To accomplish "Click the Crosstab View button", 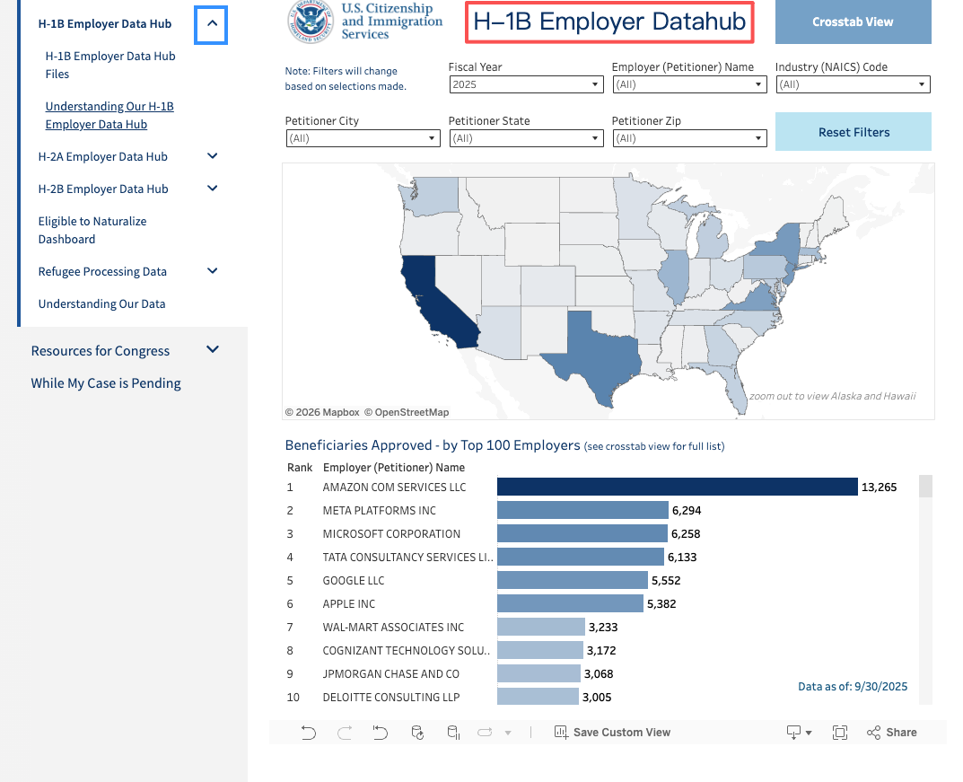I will coord(853,22).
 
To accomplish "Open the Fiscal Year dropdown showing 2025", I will coord(526,84).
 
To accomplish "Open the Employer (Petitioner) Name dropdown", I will coord(689,84).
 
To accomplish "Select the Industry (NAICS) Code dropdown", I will coord(853,84).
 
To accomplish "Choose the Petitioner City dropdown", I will coord(363,138).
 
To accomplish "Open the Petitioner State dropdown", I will coord(526,138).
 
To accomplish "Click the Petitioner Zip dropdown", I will coord(689,138).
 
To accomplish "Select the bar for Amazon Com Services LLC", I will coord(677,487).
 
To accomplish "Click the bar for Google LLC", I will coord(572,580).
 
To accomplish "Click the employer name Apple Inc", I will coord(349,603).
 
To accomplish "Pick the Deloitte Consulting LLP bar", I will coord(538,697).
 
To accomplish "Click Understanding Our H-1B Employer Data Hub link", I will coord(109,115).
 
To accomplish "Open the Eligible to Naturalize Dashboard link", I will coord(92,230).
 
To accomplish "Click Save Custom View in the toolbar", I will coord(612,733).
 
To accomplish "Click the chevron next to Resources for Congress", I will coord(213,350).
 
